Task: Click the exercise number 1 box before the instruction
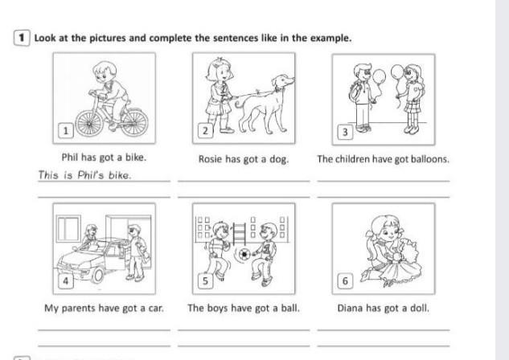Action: click(x=22, y=38)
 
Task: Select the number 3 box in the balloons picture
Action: click(x=345, y=132)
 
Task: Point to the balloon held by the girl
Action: click(x=398, y=72)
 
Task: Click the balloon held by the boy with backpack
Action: click(x=379, y=77)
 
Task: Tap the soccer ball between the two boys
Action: click(x=244, y=255)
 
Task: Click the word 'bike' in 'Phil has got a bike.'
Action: click(x=135, y=157)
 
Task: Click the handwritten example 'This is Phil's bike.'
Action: click(x=84, y=175)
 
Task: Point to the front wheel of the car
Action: click(x=97, y=275)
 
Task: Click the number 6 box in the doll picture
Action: click(x=345, y=280)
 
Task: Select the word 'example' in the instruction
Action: click(x=330, y=39)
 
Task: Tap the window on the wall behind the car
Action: click(x=68, y=229)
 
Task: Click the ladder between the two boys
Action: click(x=239, y=234)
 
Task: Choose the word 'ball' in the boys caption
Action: click(x=289, y=308)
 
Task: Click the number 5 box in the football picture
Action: click(x=206, y=280)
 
